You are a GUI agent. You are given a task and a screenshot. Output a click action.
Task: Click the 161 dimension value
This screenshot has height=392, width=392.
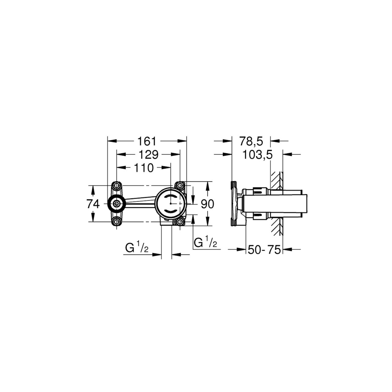pyautogui.click(x=147, y=141)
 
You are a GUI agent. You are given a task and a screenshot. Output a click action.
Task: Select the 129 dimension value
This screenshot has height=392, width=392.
pyautogui.click(x=149, y=155)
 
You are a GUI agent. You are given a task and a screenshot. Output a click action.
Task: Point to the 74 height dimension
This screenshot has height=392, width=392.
pyautogui.click(x=93, y=204)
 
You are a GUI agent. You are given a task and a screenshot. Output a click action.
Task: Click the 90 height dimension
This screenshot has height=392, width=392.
pyautogui.click(x=208, y=204)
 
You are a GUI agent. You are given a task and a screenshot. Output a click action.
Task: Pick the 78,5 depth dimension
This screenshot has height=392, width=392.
pyautogui.click(x=251, y=141)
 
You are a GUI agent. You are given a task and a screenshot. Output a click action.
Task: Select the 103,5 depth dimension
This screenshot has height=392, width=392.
pyautogui.click(x=257, y=155)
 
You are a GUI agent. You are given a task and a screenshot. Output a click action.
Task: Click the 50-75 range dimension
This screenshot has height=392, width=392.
pyautogui.click(x=264, y=250)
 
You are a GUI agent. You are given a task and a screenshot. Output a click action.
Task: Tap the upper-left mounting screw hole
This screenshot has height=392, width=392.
pyautogui.click(x=117, y=186)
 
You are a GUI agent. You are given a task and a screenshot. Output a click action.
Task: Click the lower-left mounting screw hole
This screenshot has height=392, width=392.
pyautogui.click(x=117, y=222)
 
